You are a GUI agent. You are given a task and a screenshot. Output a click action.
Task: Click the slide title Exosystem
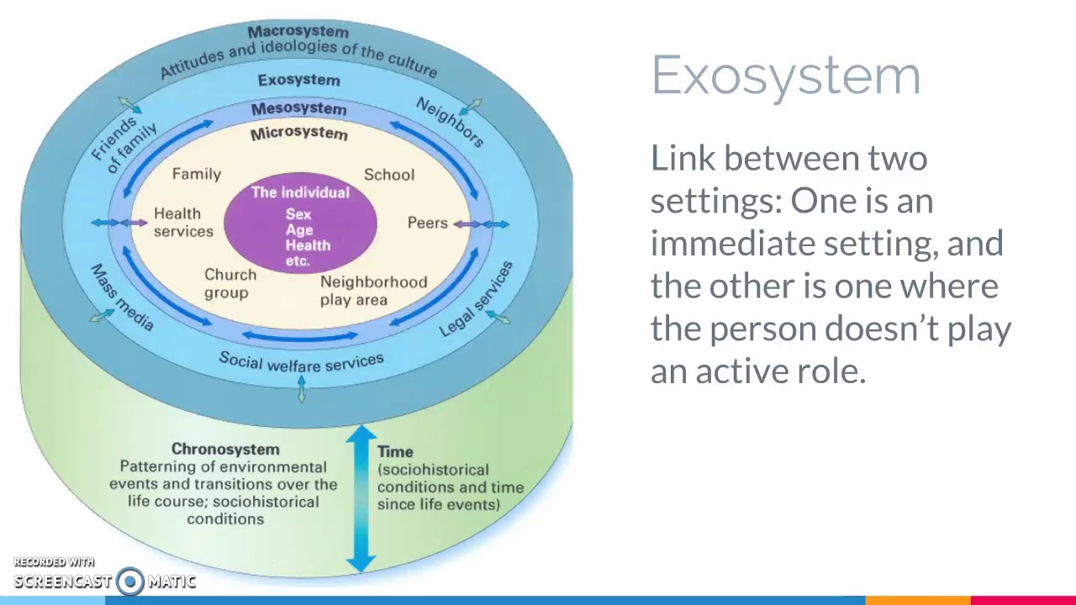tap(785, 76)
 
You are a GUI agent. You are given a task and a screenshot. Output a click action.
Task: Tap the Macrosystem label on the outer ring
tap(298, 32)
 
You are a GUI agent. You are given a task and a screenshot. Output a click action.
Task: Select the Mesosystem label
tap(298, 108)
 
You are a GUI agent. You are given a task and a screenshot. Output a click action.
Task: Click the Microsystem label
tap(298, 134)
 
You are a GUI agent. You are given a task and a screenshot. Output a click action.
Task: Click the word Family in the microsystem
tap(196, 174)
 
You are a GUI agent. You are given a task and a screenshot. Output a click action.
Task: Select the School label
tap(388, 175)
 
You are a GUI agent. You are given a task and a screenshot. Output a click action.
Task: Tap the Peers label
tap(427, 223)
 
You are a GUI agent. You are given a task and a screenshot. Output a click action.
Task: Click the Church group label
tap(229, 284)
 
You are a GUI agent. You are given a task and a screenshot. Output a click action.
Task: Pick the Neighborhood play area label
tap(372, 291)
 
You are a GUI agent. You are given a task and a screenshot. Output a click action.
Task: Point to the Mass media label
tap(122, 298)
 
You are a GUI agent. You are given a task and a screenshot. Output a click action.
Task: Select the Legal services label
tap(476, 300)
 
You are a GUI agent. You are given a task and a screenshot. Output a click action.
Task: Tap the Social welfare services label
tap(301, 361)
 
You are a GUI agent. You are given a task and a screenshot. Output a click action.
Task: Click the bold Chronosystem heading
tap(225, 450)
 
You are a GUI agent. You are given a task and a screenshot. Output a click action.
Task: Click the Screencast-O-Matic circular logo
tap(130, 581)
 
